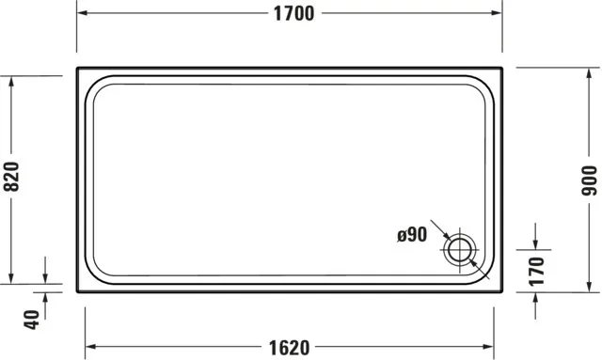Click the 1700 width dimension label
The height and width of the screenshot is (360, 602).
(293, 13)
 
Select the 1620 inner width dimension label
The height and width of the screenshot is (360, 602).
(289, 348)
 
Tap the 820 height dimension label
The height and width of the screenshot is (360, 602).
(11, 177)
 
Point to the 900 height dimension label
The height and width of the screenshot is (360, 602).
(590, 180)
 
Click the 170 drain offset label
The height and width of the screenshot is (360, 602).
(536, 272)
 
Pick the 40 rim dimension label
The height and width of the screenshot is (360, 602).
(31, 320)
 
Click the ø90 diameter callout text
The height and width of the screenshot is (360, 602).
(412, 234)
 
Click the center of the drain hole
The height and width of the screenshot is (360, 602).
(460, 250)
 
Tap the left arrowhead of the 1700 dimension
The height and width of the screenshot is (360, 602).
(82, 13)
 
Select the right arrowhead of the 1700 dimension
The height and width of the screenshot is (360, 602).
(497, 13)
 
